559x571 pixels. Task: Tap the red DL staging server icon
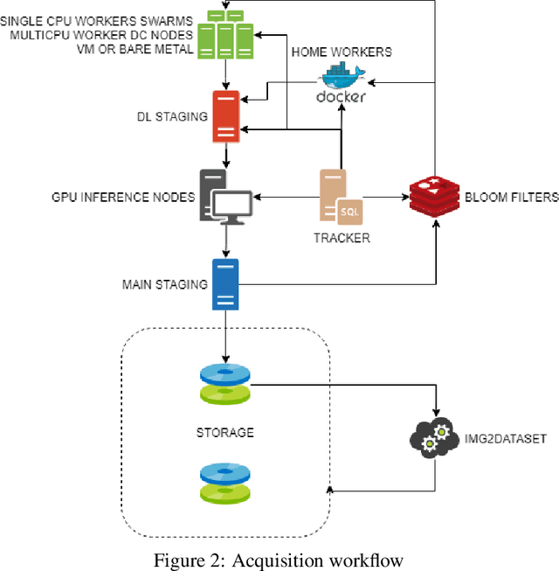click(226, 115)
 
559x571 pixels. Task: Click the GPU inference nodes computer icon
click(225, 195)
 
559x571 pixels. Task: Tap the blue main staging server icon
click(226, 284)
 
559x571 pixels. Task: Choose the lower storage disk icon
click(225, 484)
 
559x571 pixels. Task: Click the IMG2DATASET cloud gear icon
click(434, 440)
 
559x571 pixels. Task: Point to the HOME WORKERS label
click(342, 52)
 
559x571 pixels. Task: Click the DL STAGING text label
click(172, 116)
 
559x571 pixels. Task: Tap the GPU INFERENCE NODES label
click(123, 198)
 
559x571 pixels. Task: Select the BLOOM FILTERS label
click(510, 198)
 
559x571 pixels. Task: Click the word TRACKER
click(342, 238)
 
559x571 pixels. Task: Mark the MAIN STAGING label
click(165, 284)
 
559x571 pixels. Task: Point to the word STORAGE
click(225, 432)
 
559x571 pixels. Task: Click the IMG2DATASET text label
click(506, 439)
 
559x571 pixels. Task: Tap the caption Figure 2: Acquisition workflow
click(279, 560)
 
